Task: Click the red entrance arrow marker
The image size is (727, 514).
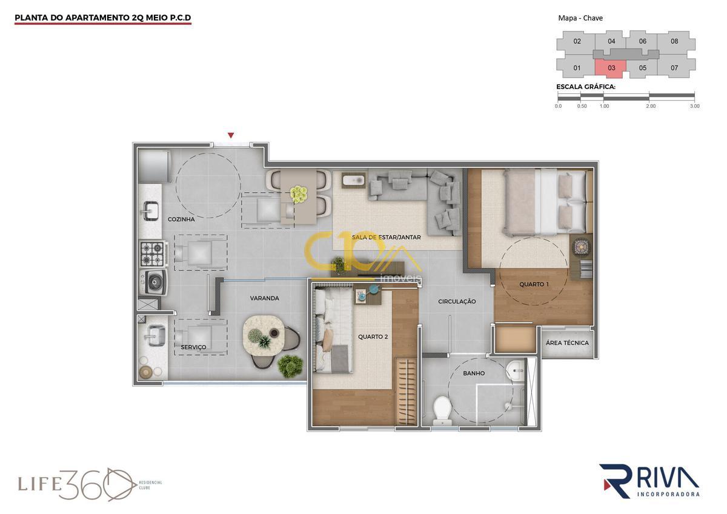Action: pyautogui.click(x=231, y=135)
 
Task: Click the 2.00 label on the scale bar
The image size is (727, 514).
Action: pyautogui.click(x=651, y=106)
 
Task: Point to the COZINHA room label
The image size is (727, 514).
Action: pyautogui.click(x=181, y=219)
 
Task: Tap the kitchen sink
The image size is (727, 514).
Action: pyautogui.click(x=150, y=210)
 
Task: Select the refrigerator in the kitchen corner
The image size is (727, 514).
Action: pyautogui.click(x=154, y=166)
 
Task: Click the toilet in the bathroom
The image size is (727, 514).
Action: pyautogui.click(x=442, y=411)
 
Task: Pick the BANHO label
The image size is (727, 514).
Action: pyautogui.click(x=474, y=373)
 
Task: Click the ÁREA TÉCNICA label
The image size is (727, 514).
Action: pyautogui.click(x=567, y=343)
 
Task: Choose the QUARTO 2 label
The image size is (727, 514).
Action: pyautogui.click(x=373, y=337)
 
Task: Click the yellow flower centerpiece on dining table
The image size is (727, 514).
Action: pyautogui.click(x=299, y=194)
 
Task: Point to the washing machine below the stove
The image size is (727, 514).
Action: pyautogui.click(x=154, y=282)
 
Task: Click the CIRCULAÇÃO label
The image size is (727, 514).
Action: pyautogui.click(x=457, y=302)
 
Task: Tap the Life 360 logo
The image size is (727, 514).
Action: pyautogui.click(x=89, y=484)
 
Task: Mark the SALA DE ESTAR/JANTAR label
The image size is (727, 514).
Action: pyautogui.click(x=387, y=238)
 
